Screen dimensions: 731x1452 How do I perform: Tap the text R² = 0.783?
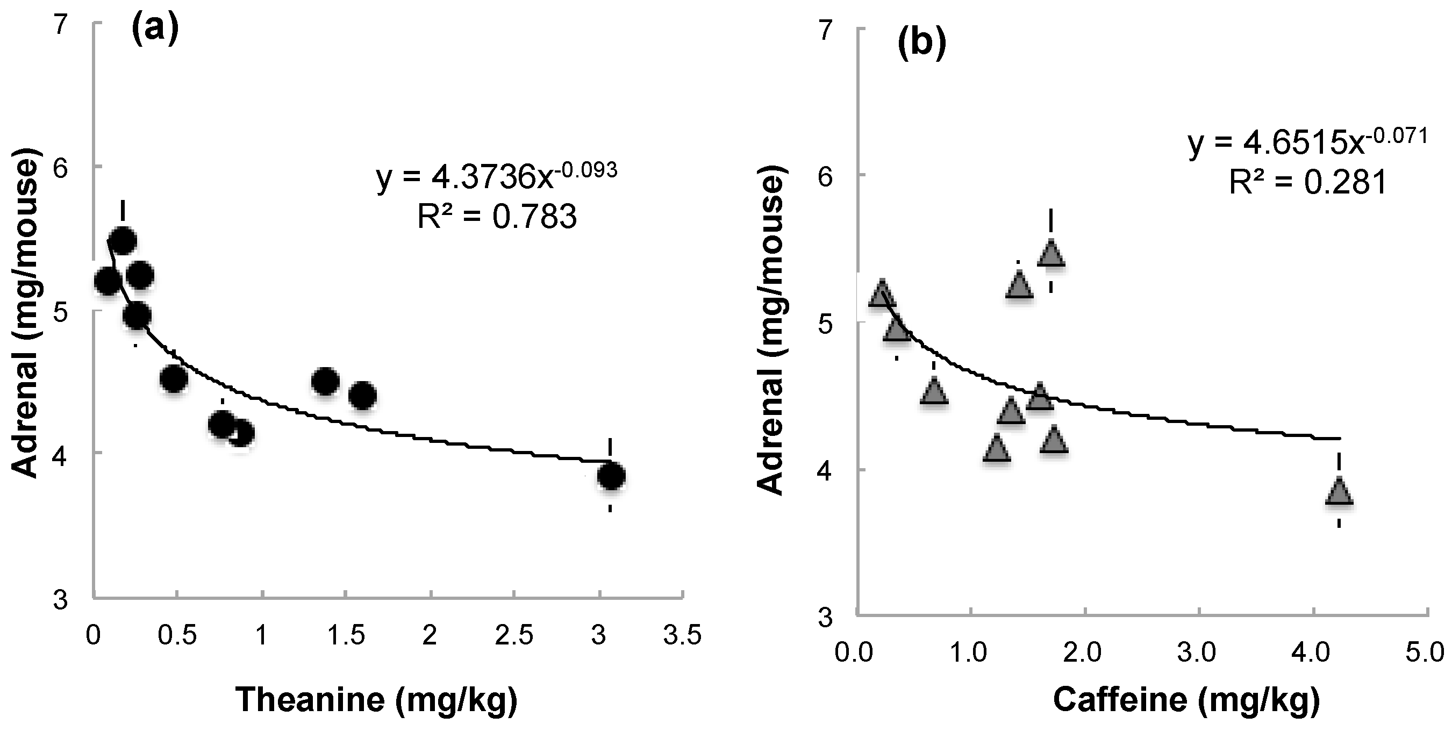click(x=497, y=217)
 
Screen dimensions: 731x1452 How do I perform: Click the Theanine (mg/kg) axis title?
click(x=376, y=699)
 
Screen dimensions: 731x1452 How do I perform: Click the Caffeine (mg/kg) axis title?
click(x=1186, y=699)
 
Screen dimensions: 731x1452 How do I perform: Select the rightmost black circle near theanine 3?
click(x=611, y=476)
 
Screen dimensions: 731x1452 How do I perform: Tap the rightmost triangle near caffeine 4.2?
click(x=1339, y=492)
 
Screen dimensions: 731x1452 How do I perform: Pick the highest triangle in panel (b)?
click(x=1050, y=254)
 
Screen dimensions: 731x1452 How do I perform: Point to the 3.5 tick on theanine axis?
click(x=683, y=635)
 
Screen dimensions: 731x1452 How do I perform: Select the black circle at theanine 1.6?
click(x=362, y=395)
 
